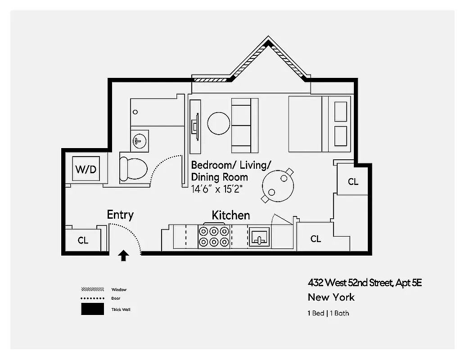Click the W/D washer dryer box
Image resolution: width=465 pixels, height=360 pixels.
[86, 170]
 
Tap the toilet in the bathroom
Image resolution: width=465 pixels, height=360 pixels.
[134, 169]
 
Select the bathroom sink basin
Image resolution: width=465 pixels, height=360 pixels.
[140, 140]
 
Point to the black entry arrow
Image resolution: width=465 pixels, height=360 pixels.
[123, 256]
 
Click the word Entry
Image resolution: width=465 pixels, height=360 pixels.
[120, 215]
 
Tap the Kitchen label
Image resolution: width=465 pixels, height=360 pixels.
[230, 215]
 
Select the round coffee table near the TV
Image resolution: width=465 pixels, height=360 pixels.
[219, 122]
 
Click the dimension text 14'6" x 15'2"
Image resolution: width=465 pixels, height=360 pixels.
[217, 189]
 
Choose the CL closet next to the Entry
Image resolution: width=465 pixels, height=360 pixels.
[83, 240]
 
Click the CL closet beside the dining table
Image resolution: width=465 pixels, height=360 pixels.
[353, 181]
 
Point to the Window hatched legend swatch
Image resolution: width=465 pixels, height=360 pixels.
[92, 289]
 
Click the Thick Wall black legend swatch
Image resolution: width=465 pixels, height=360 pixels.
[92, 309]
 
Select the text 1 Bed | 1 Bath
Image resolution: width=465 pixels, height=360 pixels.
[328, 313]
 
